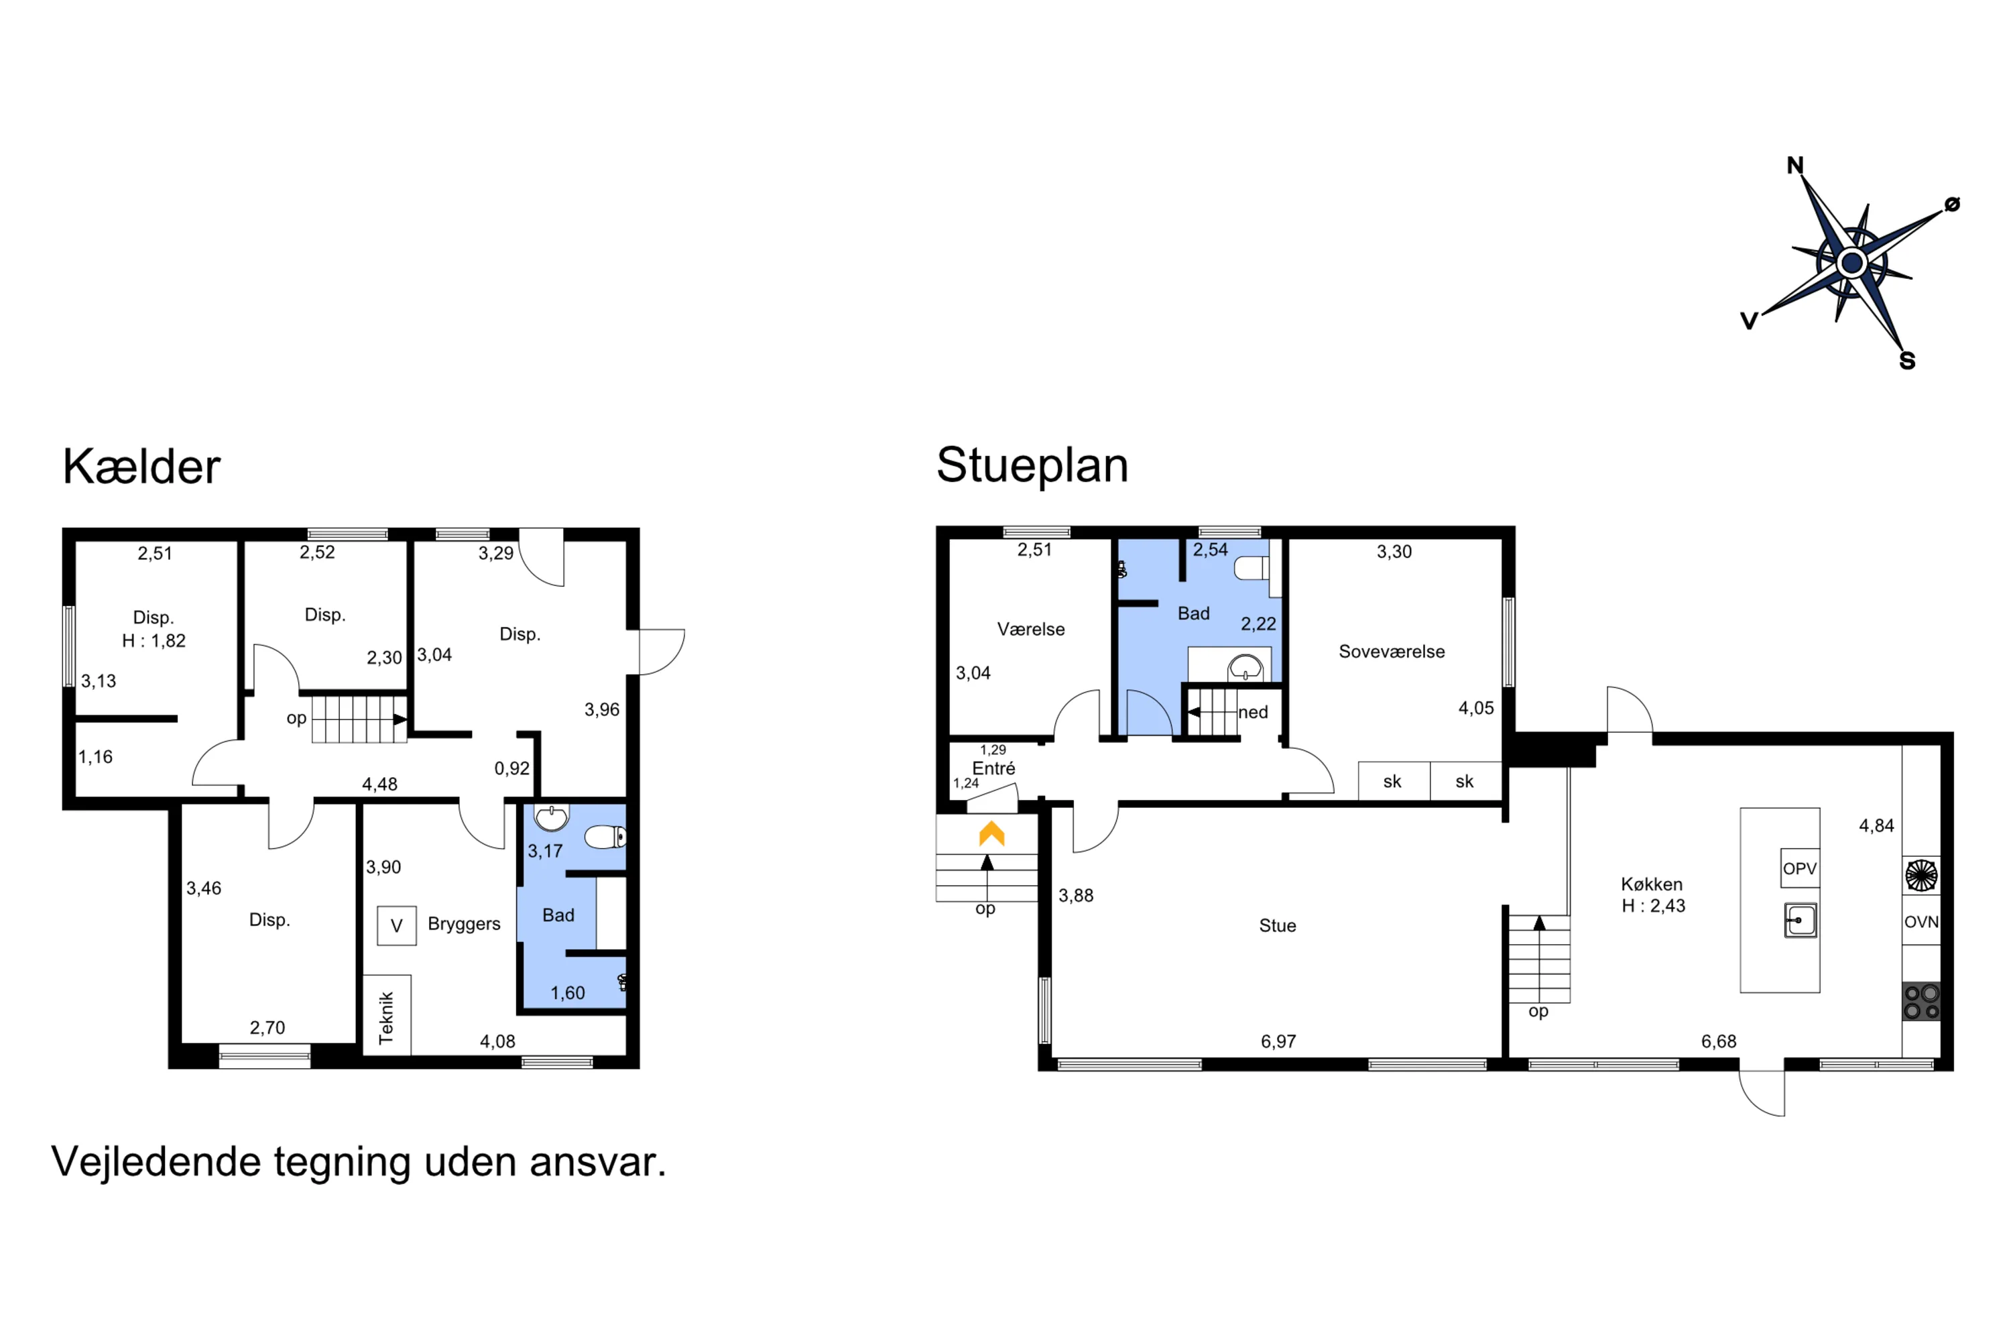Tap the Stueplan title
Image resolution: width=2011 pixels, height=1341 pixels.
(x=1032, y=465)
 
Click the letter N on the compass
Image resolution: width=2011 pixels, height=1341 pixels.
(x=1794, y=165)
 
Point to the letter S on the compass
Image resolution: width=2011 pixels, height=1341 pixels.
(x=1906, y=361)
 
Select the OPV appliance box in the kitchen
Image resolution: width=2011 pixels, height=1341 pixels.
(x=1799, y=869)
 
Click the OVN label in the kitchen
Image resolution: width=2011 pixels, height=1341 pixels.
(x=1921, y=922)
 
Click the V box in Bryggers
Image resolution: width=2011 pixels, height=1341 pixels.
(x=397, y=925)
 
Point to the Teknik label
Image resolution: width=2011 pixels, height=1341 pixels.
(x=387, y=1017)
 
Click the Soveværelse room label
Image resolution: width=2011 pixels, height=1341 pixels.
(x=1391, y=652)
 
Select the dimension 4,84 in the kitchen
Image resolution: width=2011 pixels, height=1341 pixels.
(x=1876, y=826)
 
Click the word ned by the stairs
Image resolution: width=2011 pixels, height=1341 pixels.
(x=1253, y=712)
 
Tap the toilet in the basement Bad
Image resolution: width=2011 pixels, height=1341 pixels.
(x=605, y=836)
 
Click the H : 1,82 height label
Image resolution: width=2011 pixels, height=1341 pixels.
(x=154, y=640)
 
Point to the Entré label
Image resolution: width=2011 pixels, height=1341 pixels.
(x=993, y=768)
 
